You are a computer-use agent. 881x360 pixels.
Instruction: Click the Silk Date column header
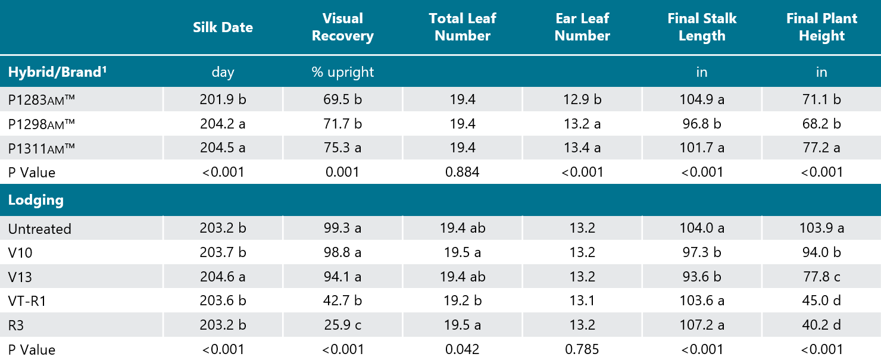(223, 27)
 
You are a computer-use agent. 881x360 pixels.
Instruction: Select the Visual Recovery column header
(342, 27)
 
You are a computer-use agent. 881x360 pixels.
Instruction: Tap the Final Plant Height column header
(821, 27)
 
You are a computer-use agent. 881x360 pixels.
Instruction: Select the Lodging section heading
(36, 200)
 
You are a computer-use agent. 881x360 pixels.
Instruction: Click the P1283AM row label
(41, 100)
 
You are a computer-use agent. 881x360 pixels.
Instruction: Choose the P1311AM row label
(41, 148)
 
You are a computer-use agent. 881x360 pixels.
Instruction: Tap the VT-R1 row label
(27, 301)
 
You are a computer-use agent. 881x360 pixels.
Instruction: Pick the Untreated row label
(39, 229)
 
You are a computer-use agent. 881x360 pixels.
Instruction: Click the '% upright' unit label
(342, 73)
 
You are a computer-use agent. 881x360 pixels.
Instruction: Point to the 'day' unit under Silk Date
(223, 73)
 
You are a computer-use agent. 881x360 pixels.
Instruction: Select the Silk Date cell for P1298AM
(223, 124)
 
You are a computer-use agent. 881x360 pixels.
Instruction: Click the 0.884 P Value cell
(462, 173)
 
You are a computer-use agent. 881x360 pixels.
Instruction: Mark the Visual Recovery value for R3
(342, 325)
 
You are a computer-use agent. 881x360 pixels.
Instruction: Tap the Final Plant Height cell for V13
(821, 277)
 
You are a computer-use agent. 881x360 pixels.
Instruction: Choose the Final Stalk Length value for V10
(701, 253)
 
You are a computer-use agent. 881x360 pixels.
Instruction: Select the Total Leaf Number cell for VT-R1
(462, 301)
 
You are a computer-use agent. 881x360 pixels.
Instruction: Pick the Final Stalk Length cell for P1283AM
(701, 100)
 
